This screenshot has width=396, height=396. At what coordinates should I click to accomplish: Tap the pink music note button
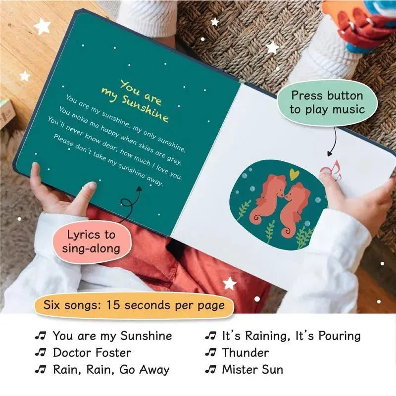(x=331, y=170)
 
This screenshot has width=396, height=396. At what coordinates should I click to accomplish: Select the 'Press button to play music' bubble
(x=327, y=102)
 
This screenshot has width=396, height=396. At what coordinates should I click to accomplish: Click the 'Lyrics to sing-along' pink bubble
(x=92, y=242)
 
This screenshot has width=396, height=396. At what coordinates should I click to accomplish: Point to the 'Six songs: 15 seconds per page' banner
(x=134, y=305)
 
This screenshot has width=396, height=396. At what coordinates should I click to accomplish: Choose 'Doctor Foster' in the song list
(x=92, y=353)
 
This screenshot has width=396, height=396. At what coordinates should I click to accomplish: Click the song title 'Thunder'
(x=245, y=353)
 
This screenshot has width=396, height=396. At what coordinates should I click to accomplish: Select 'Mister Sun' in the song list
(x=252, y=369)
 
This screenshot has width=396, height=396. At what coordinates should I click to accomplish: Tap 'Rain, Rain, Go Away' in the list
(x=111, y=370)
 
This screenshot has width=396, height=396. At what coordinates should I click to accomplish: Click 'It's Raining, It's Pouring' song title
(x=291, y=336)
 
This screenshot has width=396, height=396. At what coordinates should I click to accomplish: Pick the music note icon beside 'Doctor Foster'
(x=41, y=352)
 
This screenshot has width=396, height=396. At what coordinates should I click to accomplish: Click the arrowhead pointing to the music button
(x=330, y=153)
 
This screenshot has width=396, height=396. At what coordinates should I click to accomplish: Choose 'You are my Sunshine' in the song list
(x=112, y=336)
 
